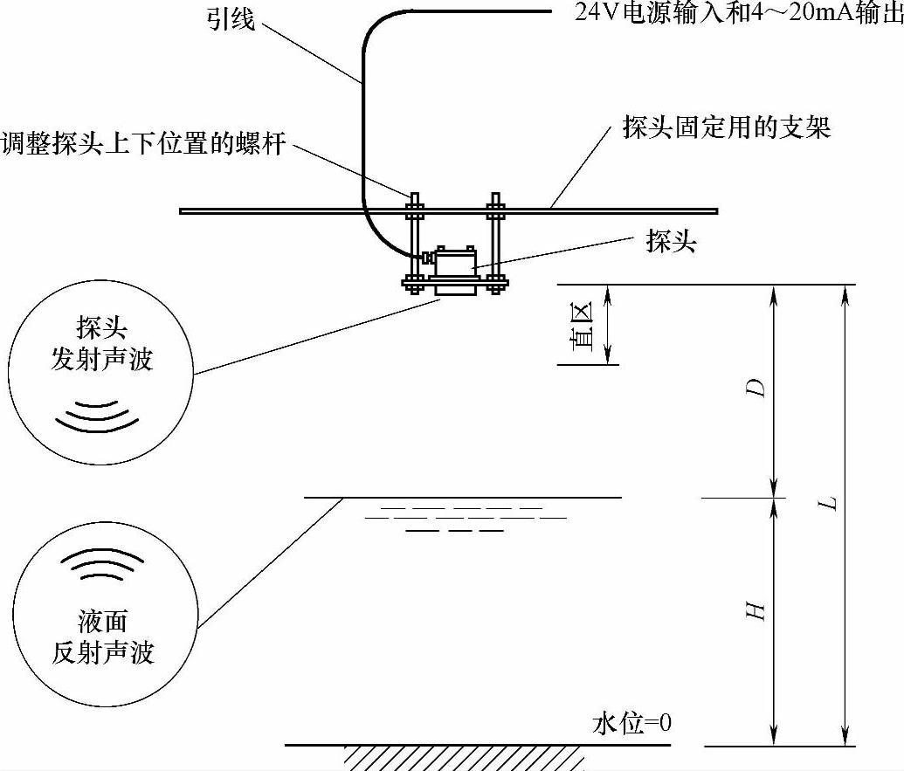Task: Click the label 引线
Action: tap(229, 18)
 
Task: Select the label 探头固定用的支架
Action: tap(726, 129)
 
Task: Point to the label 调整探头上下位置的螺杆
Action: tap(143, 144)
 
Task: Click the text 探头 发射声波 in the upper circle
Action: tap(101, 344)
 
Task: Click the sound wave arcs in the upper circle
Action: tap(97, 416)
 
